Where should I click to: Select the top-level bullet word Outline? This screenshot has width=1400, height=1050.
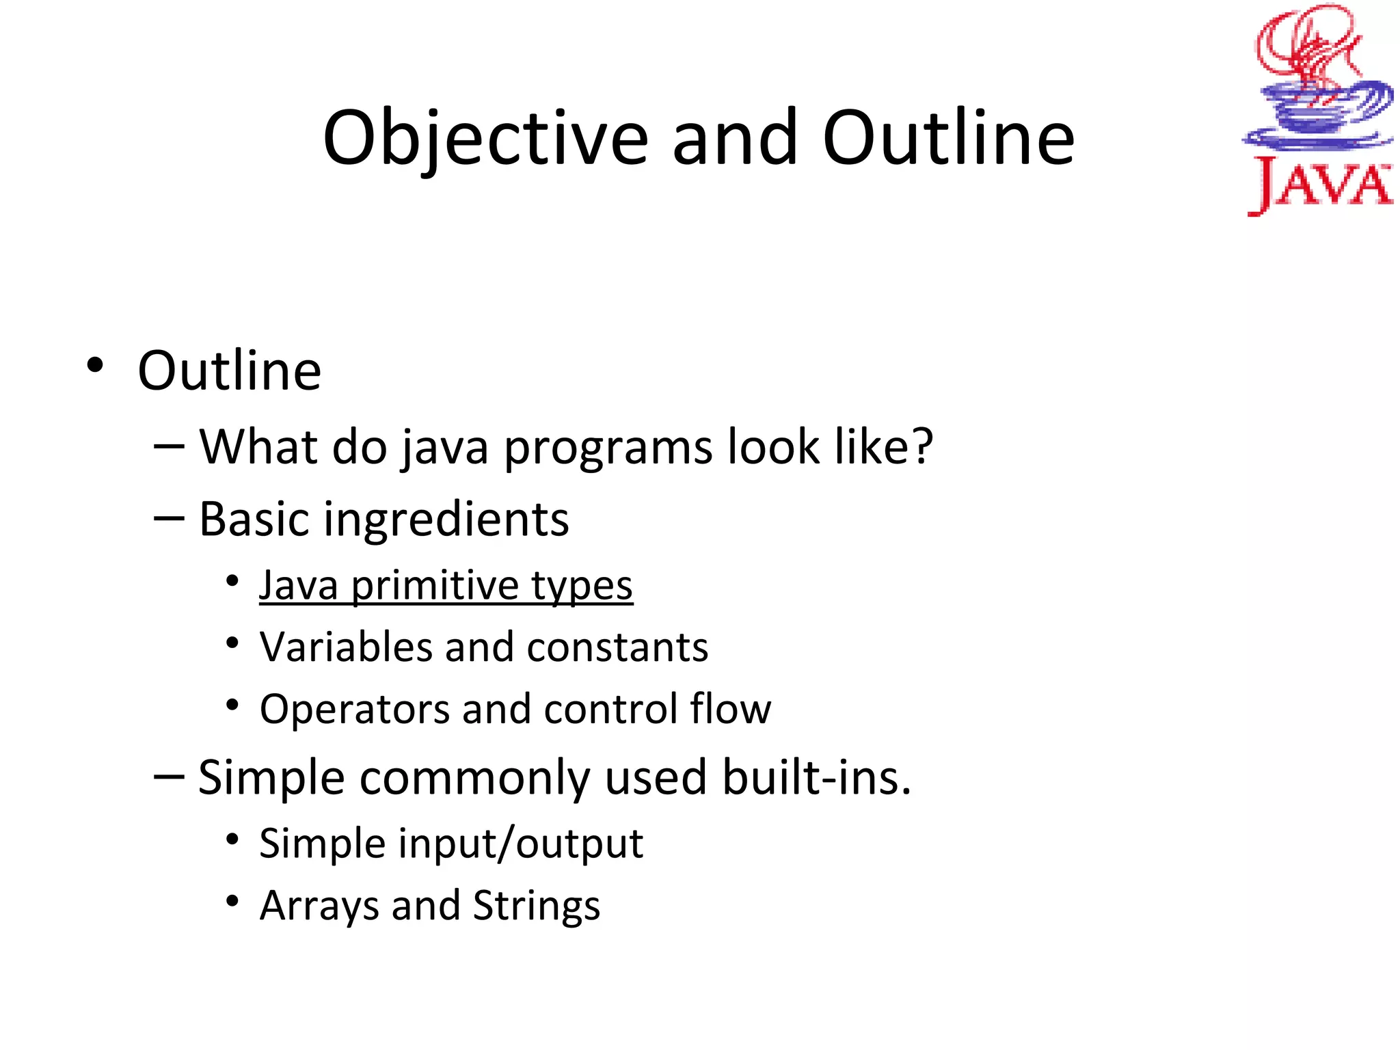[229, 371]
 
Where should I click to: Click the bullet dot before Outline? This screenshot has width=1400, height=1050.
[95, 365]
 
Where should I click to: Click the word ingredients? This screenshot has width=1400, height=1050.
[446, 520]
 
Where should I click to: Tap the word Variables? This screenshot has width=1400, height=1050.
[345, 647]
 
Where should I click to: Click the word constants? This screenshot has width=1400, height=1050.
[617, 647]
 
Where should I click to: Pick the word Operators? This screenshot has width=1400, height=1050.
[354, 709]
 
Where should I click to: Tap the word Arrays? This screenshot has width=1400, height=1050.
[318, 906]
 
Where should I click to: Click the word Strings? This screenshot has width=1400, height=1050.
[537, 906]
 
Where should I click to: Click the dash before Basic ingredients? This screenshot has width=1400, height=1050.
[169, 518]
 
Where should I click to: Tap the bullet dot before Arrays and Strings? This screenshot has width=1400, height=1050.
[232, 901]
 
